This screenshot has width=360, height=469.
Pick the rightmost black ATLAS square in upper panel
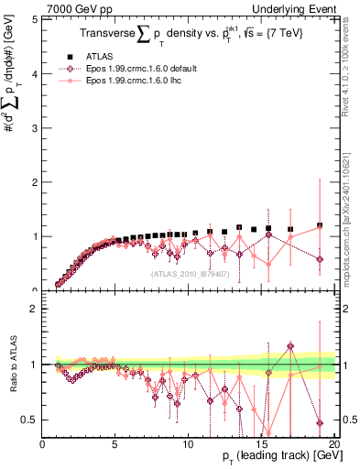coord(320,225)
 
